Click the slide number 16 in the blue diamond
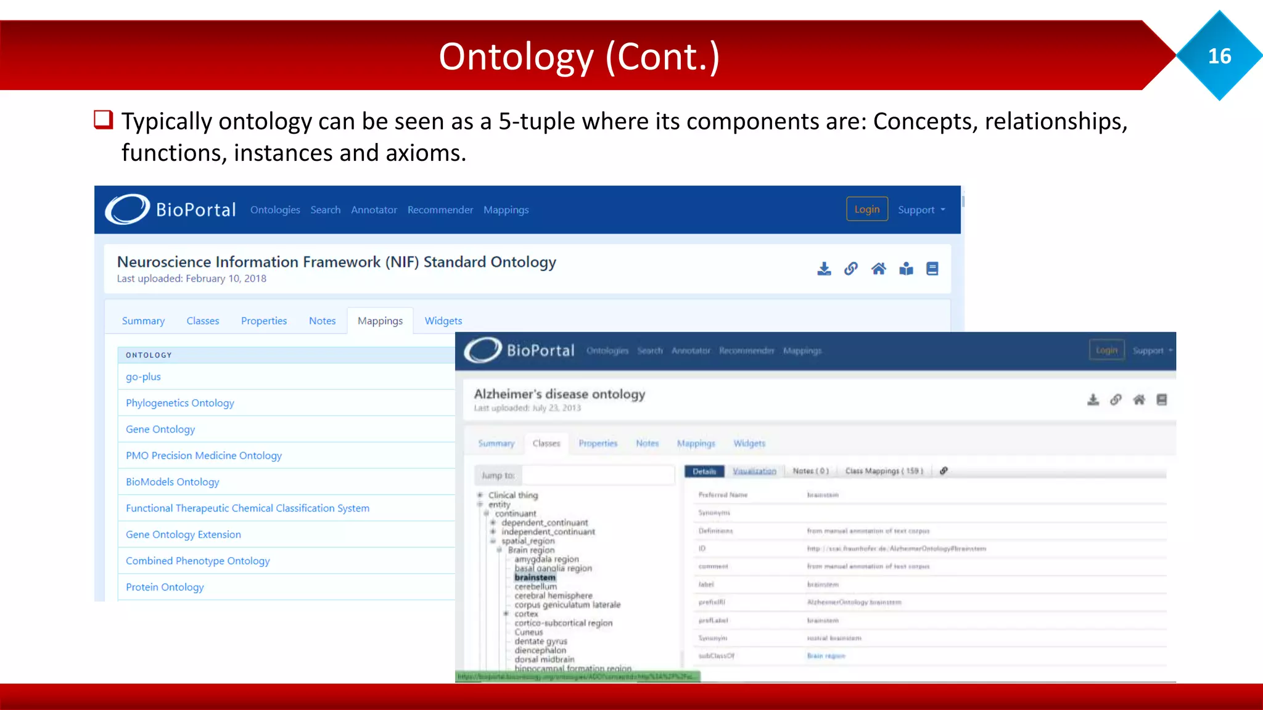click(1219, 56)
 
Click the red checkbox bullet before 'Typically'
click(103, 119)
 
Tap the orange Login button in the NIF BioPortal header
click(866, 209)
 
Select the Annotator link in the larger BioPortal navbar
click(374, 210)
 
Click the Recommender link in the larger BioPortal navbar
click(440, 210)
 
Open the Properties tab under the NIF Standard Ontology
click(263, 320)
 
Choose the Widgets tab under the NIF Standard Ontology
click(443, 320)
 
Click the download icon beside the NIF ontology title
click(824, 269)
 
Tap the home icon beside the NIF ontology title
click(878, 269)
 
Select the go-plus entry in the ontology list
click(143, 377)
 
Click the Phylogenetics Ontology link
click(179, 403)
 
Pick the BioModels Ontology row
click(172, 482)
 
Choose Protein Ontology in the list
click(165, 587)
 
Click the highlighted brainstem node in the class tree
click(535, 577)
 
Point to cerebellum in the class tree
click(535, 587)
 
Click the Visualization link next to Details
click(754, 471)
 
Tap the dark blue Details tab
click(704, 471)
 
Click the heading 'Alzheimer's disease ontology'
click(559, 394)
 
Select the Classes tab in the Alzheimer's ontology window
click(546, 443)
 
